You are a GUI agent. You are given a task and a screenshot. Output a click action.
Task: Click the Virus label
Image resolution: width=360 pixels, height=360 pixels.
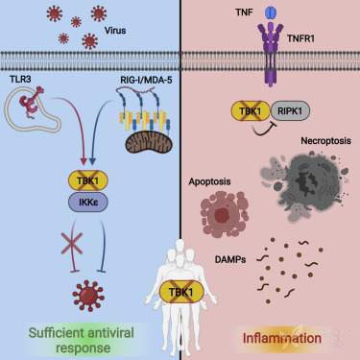[x=115, y=31]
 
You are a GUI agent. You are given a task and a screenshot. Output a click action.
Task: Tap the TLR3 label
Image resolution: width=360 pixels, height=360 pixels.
[x=20, y=79]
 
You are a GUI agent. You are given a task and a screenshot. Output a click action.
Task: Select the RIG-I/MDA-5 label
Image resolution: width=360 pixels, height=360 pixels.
[x=146, y=80]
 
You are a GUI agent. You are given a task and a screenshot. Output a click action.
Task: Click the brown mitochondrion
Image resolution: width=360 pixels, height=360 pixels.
[x=149, y=143]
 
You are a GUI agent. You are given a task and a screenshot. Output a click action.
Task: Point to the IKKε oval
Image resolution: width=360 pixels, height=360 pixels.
[x=88, y=202]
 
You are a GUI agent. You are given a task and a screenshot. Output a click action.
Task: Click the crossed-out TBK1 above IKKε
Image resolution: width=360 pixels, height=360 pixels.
[x=88, y=180]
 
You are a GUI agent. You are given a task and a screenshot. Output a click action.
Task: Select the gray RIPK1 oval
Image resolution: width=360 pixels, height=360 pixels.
[x=291, y=110]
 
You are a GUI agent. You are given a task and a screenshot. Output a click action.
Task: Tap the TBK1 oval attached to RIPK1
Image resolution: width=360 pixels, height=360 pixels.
[x=251, y=110]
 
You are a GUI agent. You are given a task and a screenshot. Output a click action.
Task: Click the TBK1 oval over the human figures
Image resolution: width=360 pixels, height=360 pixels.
[x=181, y=292]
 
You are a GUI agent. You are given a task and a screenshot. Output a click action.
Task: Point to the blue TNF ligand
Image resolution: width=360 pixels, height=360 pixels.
[x=271, y=13]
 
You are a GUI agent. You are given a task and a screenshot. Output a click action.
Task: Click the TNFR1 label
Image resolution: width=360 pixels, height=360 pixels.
[x=300, y=38]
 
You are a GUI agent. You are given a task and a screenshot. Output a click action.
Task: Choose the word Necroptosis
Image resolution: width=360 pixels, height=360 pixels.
[x=325, y=141]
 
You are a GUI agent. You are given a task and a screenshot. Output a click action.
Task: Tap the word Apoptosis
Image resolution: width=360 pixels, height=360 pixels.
[x=209, y=181]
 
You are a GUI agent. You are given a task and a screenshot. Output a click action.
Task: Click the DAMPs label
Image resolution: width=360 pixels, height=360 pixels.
[x=230, y=259]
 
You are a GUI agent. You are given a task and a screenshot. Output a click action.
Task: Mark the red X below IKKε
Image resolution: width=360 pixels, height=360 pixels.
[x=72, y=244]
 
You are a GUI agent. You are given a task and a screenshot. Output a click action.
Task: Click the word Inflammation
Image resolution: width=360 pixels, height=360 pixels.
[x=282, y=338]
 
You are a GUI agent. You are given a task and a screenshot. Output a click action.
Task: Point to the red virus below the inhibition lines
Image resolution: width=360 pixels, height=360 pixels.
[x=88, y=296]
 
